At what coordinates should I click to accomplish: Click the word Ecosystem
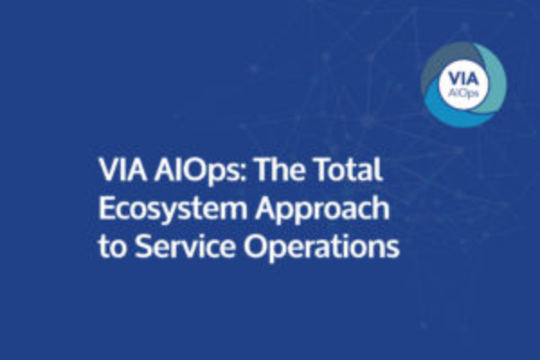coord(173,210)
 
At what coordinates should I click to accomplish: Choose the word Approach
coord(322,210)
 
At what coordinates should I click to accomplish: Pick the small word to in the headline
coord(112,247)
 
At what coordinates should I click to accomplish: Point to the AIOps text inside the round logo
coord(463,93)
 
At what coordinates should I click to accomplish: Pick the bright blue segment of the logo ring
coord(447,110)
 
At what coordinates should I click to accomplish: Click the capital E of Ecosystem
coord(106,208)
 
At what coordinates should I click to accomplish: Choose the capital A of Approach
coord(266,208)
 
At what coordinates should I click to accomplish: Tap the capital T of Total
coord(325,170)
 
